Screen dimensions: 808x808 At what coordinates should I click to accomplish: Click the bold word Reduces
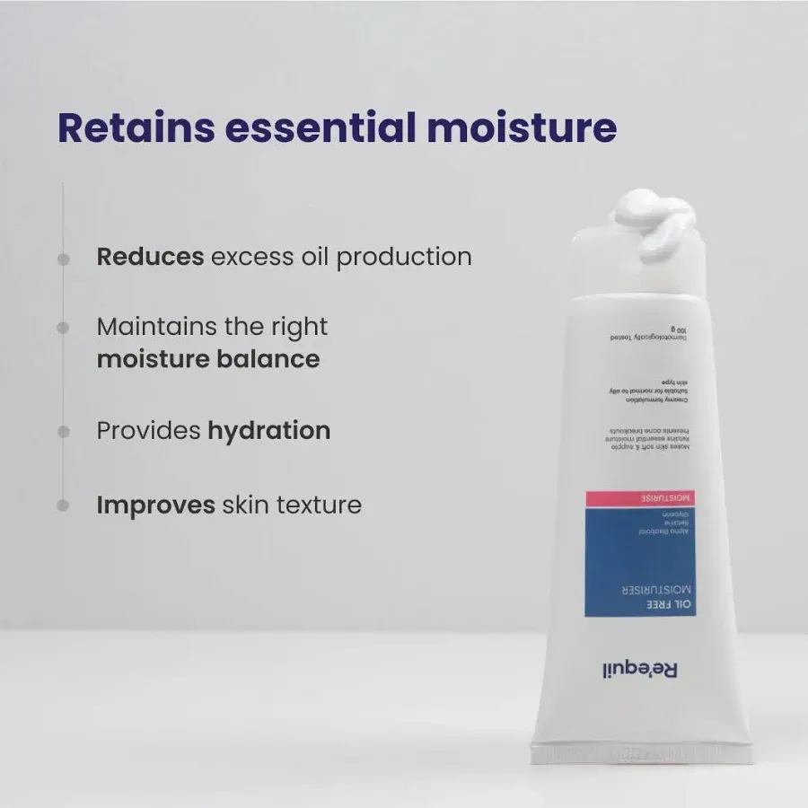pyautogui.click(x=150, y=257)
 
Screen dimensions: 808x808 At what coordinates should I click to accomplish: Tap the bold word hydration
pyautogui.click(x=269, y=431)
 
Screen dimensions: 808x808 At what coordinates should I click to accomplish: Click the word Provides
pyautogui.click(x=148, y=431)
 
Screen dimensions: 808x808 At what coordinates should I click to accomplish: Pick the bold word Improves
pyautogui.click(x=155, y=505)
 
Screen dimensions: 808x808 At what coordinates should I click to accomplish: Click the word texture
pyautogui.click(x=318, y=505)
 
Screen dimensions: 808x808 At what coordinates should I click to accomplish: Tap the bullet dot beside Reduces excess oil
pyautogui.click(x=63, y=259)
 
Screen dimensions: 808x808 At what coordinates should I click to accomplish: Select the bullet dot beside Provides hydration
pyautogui.click(x=63, y=432)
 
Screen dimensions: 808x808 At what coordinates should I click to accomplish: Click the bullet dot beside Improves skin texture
pyautogui.click(x=63, y=505)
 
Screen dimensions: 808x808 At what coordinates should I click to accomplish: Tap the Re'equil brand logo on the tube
pyautogui.click(x=638, y=670)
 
